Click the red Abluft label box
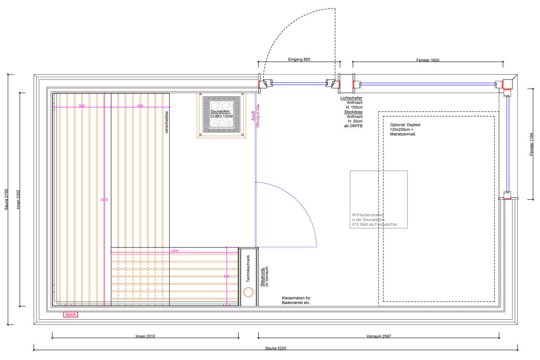pos(71,315)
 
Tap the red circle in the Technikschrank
pos(248,292)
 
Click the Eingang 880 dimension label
pos(299,59)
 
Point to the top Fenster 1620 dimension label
pos(428,60)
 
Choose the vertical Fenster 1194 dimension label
pos(531,144)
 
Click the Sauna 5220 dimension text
pos(275,348)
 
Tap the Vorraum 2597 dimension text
pos(378,336)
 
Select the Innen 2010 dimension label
pos(145,336)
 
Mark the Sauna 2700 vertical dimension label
pos(6,199)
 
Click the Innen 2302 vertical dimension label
pos(18,199)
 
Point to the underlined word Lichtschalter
pos(351,98)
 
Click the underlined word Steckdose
pos(353,112)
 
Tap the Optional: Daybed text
pos(405,125)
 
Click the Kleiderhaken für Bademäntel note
pos(296,300)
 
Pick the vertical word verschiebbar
pos(167,122)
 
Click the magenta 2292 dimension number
pos(104,199)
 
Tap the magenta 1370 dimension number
pos(174,251)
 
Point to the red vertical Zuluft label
pos(253,116)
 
